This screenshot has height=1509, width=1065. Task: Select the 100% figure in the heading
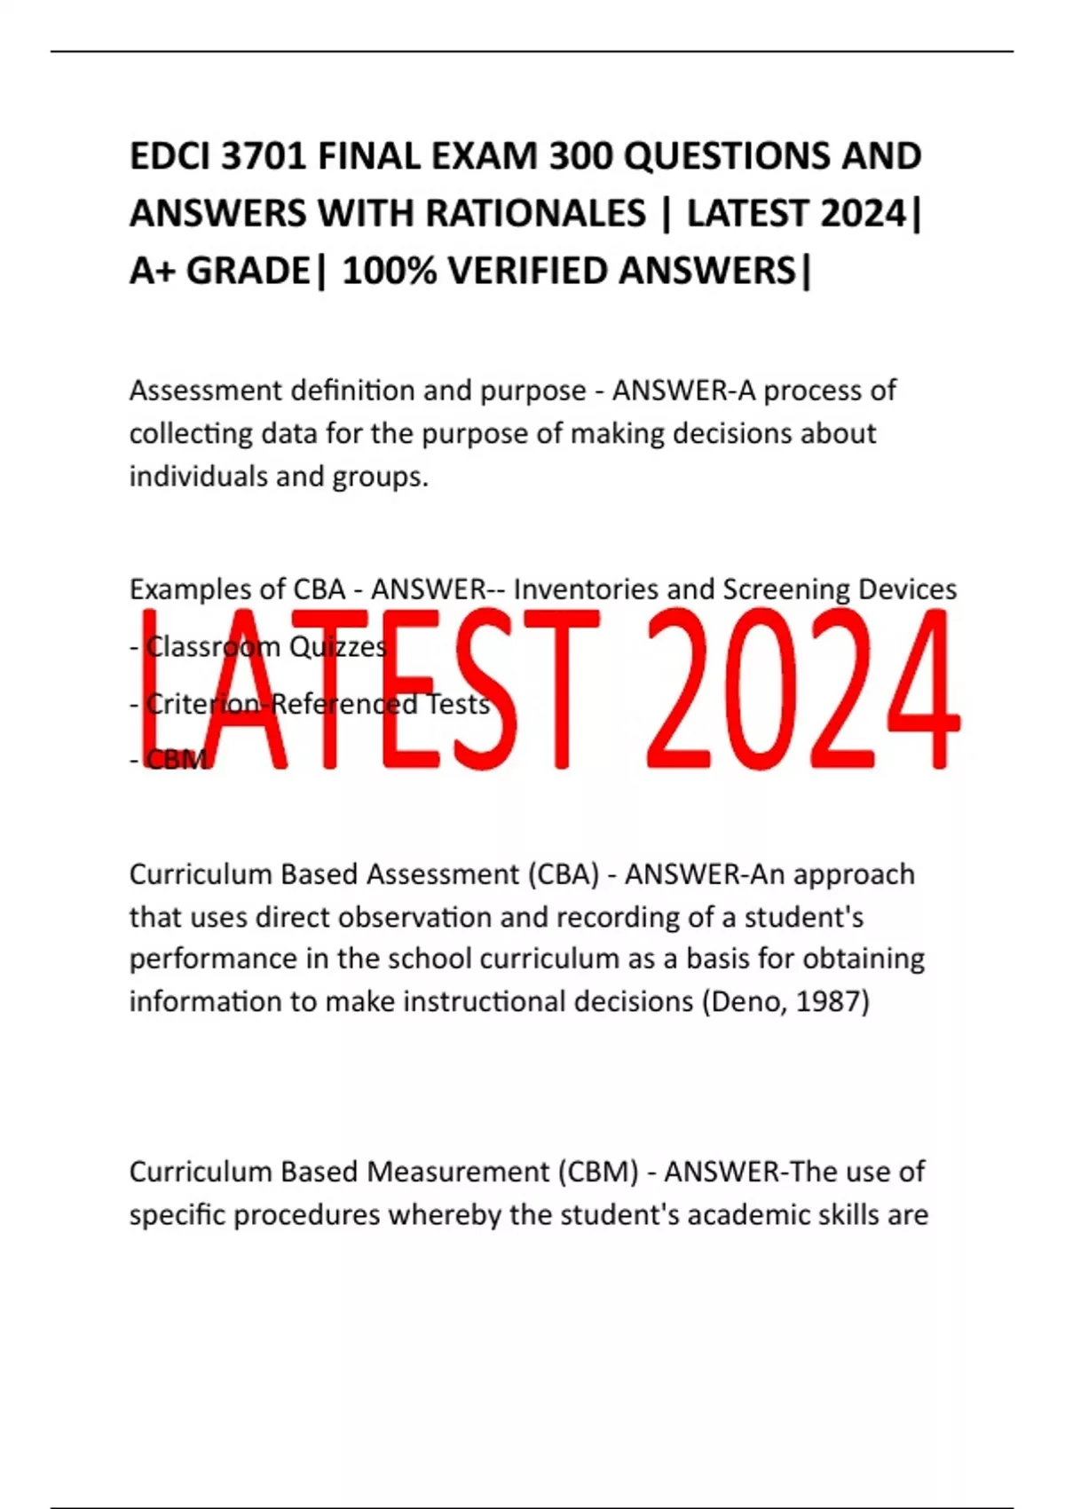coord(390,271)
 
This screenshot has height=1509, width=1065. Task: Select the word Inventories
coord(587,589)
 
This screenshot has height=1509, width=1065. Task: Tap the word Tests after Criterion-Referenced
coord(459,704)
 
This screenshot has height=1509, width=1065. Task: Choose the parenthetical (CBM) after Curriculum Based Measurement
coord(598,1172)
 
